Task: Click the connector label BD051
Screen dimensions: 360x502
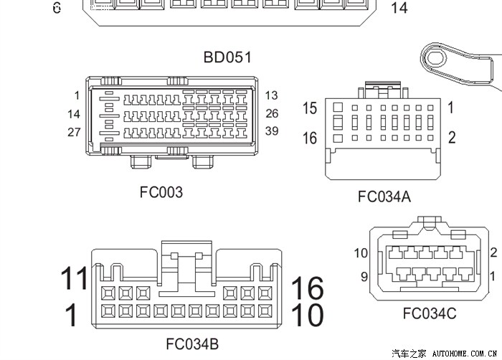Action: (227, 57)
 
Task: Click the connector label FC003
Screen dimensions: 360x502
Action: (161, 192)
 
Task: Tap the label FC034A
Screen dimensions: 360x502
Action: (384, 196)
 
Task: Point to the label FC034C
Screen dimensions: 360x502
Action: (429, 313)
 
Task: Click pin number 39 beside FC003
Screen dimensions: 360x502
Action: (271, 131)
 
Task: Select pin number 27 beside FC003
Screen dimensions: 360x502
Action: (74, 132)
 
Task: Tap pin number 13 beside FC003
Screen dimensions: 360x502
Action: (271, 95)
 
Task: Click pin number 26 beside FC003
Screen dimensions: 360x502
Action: (271, 113)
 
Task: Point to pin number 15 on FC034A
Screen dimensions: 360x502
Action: (309, 108)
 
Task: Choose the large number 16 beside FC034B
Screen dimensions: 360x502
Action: (307, 288)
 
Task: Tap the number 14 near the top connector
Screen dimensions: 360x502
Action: (399, 9)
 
